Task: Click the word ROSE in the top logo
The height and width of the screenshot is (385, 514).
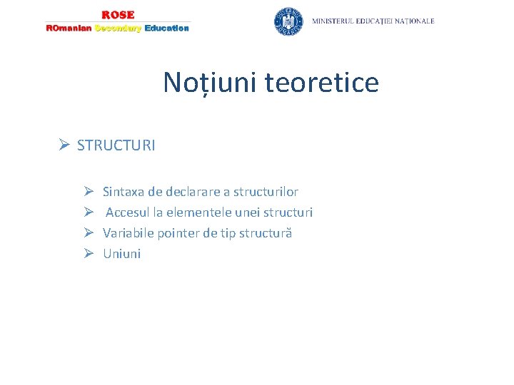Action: click(118, 15)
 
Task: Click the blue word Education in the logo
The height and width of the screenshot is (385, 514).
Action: click(166, 29)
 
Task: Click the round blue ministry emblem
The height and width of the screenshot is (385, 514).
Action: click(288, 21)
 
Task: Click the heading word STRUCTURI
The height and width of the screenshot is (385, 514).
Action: click(116, 145)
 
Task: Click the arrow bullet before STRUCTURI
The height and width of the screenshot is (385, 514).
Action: click(64, 145)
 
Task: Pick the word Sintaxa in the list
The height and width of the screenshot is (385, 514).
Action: click(124, 192)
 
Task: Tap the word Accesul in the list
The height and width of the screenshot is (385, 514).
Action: click(128, 212)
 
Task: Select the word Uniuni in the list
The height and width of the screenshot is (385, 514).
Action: click(122, 254)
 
